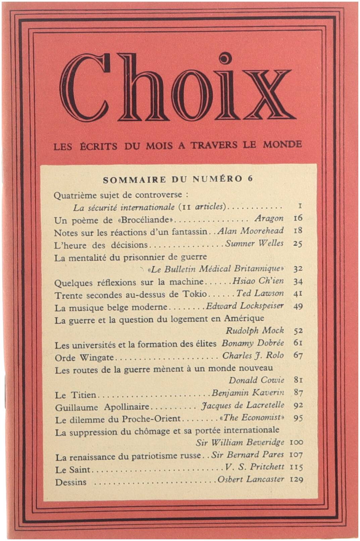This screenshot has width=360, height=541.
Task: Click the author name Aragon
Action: pos(269,218)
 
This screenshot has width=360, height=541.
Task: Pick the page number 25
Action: pos(297,243)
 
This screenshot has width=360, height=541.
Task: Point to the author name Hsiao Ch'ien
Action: pos(258,281)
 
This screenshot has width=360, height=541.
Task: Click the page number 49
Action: pos(298,306)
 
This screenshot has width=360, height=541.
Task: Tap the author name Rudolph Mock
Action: pos(255,330)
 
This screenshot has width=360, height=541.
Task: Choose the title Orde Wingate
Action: pos(84,357)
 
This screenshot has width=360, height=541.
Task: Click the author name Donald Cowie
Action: pos(256,380)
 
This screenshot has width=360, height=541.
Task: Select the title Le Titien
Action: pos(75,395)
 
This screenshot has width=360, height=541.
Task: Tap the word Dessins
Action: pos(71,482)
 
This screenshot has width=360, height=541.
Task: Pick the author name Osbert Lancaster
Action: pos(251,479)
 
